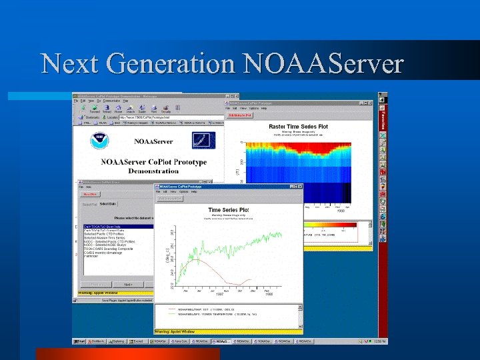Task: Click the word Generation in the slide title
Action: (169, 64)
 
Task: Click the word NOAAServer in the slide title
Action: (323, 64)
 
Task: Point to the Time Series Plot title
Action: (229, 210)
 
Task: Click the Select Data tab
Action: (107, 203)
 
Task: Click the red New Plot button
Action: (89, 194)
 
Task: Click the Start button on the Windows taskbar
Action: (79, 341)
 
